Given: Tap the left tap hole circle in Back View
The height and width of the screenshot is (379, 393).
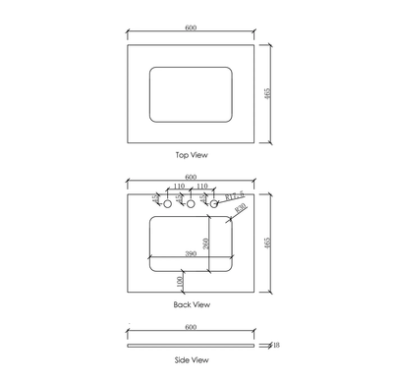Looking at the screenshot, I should pyautogui.click(x=167, y=205).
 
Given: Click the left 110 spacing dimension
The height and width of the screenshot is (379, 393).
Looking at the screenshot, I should pyautogui.click(x=178, y=187).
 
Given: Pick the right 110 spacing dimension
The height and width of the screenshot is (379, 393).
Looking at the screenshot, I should pyautogui.click(x=200, y=187).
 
